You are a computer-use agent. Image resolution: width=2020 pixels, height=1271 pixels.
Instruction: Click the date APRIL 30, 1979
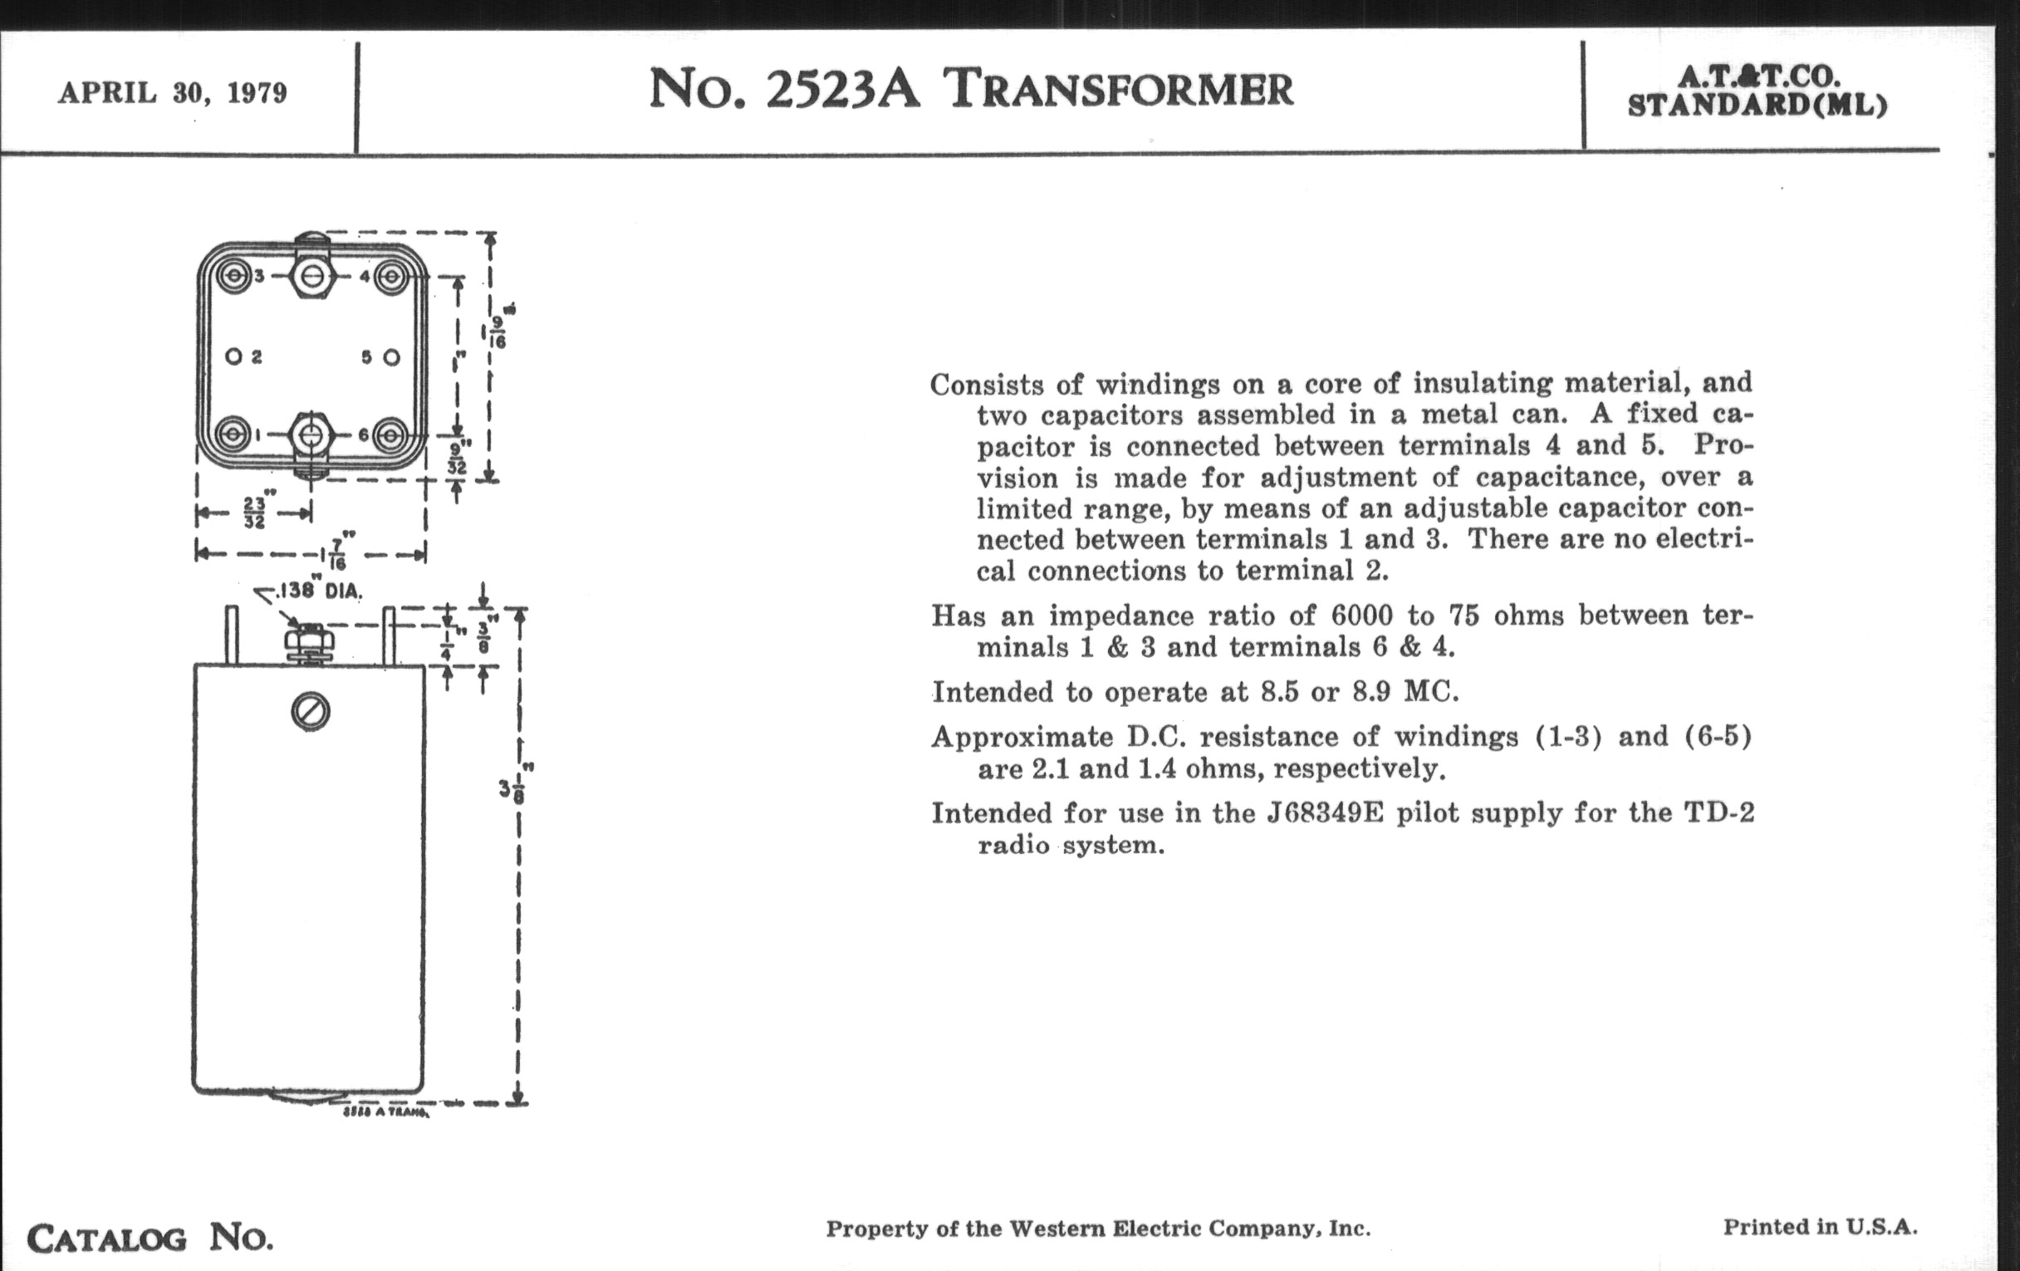[x=173, y=92]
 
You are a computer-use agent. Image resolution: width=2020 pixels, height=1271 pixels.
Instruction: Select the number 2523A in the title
[x=842, y=90]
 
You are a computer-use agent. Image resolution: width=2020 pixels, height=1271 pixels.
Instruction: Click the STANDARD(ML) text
[x=1758, y=106]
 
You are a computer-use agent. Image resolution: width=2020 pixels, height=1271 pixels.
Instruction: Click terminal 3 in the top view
[x=233, y=276]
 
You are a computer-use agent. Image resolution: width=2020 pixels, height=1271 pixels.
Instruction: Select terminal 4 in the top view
[x=390, y=276]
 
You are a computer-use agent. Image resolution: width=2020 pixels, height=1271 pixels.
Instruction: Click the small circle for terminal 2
[x=233, y=356]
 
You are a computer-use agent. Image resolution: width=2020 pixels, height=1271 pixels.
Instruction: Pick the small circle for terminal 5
[x=391, y=357]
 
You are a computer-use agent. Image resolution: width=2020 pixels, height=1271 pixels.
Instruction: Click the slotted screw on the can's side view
[x=311, y=712]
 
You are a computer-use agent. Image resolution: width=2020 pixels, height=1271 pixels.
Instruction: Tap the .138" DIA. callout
[x=319, y=591]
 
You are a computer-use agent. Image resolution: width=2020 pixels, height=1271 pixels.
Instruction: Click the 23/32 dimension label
[x=255, y=512]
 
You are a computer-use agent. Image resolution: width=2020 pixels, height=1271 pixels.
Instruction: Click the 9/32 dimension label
[x=457, y=458]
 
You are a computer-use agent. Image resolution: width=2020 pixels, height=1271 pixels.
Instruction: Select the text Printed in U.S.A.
[x=1821, y=1227]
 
